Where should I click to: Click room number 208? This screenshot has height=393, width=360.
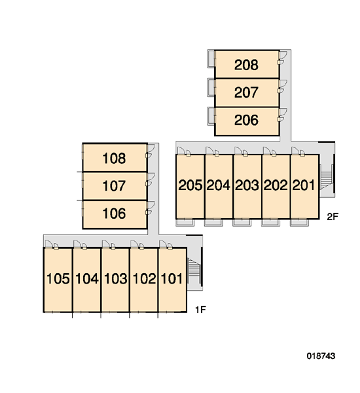(246, 65)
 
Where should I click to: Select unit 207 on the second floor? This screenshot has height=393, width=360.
(246, 92)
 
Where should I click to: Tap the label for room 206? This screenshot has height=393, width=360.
(246, 120)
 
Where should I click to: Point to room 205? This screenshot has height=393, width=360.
(190, 185)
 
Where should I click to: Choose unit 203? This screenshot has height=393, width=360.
(247, 185)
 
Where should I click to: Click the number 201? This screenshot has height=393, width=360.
(304, 185)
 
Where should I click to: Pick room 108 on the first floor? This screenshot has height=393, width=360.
(114, 159)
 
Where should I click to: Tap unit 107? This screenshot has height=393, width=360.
(114, 186)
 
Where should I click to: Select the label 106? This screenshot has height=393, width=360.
(114, 214)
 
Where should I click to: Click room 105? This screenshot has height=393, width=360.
(58, 279)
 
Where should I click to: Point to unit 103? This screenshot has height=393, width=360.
(115, 279)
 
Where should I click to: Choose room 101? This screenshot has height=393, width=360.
(171, 279)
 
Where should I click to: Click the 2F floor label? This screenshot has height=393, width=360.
(333, 217)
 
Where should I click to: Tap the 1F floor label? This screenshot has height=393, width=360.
(200, 310)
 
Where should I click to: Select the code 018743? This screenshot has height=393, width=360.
(321, 356)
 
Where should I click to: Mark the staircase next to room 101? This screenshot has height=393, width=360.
(193, 268)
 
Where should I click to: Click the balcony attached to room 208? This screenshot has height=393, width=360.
(211, 59)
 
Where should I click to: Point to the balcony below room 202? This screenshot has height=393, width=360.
(270, 222)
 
